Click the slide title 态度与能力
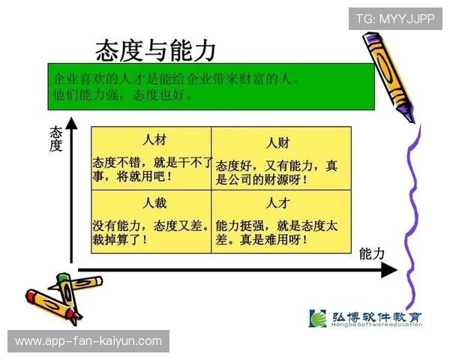click(x=155, y=50)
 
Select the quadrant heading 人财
click(x=278, y=142)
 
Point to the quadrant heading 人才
click(x=278, y=203)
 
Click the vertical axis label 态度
click(x=55, y=138)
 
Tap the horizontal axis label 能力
click(x=372, y=253)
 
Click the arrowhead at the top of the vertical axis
click(x=71, y=122)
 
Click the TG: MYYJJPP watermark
click(x=395, y=19)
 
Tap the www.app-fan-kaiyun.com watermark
click(x=88, y=341)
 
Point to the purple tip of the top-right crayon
click(x=407, y=113)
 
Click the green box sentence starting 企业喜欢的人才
click(x=176, y=79)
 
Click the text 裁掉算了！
click(x=120, y=240)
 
